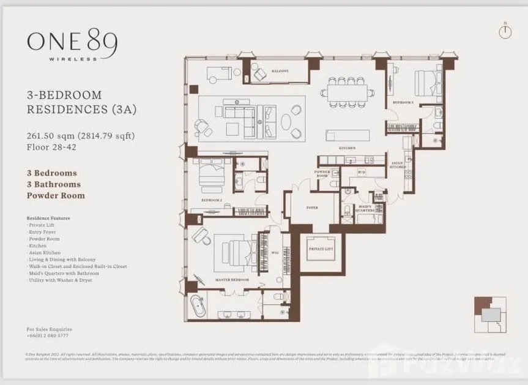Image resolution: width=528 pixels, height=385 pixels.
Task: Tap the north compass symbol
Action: (504, 32)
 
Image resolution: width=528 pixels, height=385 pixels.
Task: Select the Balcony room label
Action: (280, 71)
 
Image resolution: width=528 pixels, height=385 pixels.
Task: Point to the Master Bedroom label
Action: (232, 280)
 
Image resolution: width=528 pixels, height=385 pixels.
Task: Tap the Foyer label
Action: (312, 207)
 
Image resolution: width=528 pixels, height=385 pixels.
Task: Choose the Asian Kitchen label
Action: (398, 165)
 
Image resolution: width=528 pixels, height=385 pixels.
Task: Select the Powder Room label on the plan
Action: (322, 173)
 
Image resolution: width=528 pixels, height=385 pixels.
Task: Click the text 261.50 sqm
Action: (50, 136)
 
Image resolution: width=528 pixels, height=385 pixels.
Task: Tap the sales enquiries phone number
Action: (48, 336)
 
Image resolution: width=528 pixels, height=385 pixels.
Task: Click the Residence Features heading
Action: (48, 218)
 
